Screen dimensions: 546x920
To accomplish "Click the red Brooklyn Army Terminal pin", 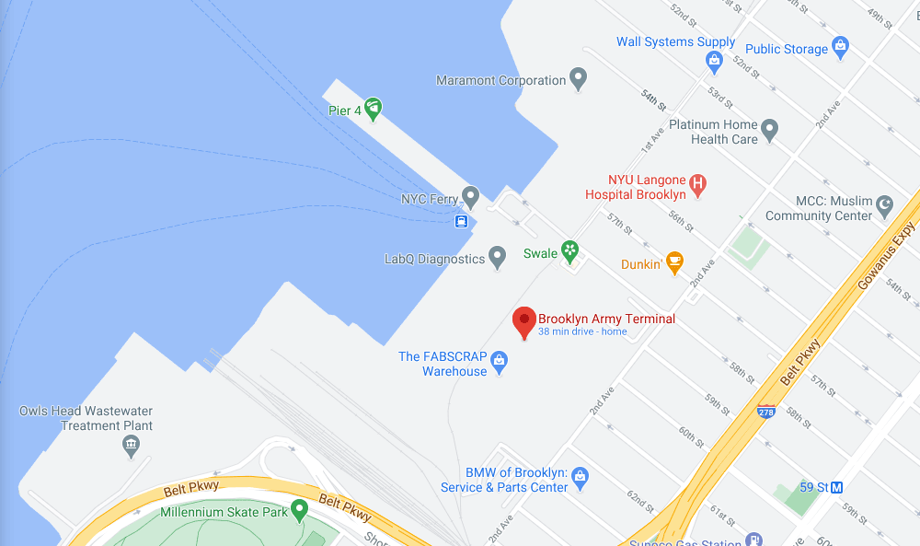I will click(524, 321).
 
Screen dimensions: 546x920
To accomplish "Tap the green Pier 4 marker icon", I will click(373, 110).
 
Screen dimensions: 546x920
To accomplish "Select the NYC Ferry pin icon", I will click(470, 197).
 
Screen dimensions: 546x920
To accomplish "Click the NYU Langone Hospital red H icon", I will click(698, 186).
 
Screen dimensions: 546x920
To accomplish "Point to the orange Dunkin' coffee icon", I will click(675, 263).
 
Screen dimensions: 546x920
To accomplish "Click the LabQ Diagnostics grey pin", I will click(498, 259).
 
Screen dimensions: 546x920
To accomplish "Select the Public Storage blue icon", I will click(839, 48).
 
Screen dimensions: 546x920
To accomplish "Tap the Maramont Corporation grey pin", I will click(578, 79).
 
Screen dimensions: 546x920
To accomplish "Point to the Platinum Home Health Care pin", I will click(770, 131).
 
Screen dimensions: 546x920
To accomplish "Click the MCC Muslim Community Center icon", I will click(885, 207).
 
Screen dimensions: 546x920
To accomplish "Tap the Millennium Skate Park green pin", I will click(299, 510).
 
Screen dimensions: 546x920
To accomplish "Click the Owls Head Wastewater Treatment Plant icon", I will click(131, 447).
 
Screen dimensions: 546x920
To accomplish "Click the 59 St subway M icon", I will click(837, 485).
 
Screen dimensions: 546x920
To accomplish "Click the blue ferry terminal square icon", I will click(462, 220).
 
